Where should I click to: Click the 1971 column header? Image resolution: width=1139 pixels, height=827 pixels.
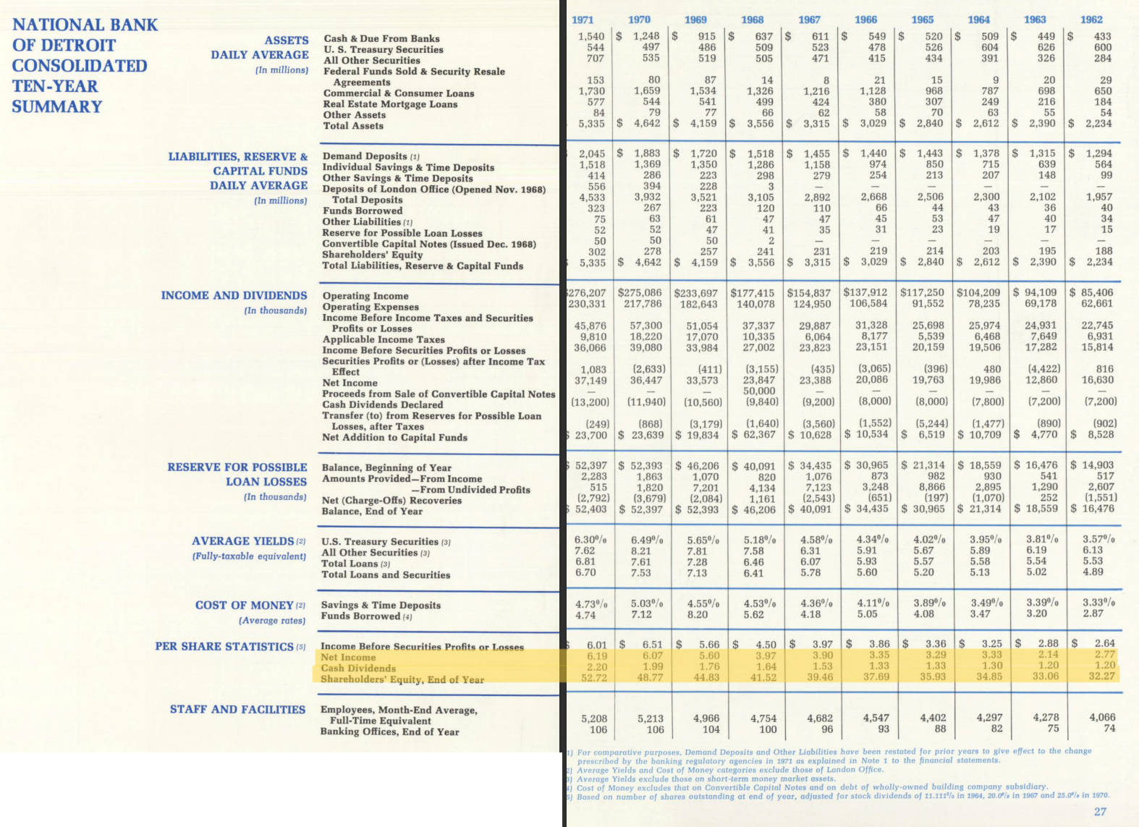pos(583,20)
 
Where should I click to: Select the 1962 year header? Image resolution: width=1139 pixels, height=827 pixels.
pos(1091,20)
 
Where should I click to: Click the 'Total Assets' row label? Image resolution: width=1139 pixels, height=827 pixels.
pos(353,126)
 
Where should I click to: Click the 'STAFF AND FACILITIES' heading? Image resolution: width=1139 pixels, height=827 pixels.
pos(237,709)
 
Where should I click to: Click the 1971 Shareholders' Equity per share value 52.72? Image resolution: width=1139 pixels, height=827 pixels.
pos(593,678)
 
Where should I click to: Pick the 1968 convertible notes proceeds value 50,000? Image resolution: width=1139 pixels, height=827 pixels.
pos(759,391)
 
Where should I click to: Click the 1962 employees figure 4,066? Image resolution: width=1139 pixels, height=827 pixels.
pos(1102,717)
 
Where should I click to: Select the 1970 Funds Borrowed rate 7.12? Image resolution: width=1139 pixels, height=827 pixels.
pos(641,614)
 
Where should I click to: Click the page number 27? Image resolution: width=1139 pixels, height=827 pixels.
pos(1100,811)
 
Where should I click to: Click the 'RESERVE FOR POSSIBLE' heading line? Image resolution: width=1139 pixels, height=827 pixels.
pos(237,467)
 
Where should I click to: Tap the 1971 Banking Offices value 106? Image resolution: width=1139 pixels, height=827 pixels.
pos(598,729)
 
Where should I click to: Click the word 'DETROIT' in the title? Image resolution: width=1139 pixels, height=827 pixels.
pos(75,45)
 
